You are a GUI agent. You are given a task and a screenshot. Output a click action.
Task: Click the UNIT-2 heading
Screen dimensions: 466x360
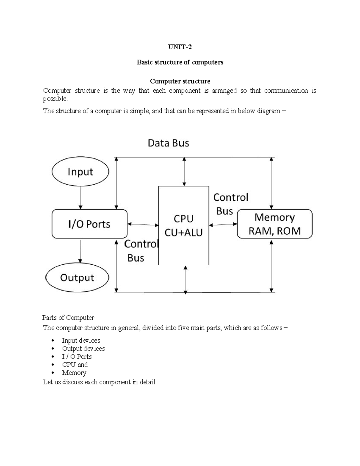(x=180, y=47)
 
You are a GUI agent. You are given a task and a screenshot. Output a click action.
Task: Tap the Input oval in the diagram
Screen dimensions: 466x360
(x=80, y=172)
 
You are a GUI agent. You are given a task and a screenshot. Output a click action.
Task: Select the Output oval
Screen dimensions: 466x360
(x=77, y=278)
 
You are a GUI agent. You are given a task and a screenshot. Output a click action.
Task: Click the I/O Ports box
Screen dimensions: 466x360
(x=89, y=224)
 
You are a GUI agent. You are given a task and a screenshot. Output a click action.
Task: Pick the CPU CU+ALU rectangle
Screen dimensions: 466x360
(x=184, y=225)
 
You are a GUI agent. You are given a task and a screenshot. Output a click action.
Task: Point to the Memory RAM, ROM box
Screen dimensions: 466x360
(x=274, y=224)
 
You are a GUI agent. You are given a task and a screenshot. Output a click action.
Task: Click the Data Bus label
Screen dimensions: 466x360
(x=168, y=143)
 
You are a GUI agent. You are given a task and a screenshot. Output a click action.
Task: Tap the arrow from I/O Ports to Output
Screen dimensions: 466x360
(x=80, y=251)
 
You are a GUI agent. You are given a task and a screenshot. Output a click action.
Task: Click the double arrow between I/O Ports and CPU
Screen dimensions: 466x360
(x=143, y=224)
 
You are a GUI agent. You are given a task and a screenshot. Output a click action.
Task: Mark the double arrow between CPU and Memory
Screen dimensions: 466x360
(x=223, y=224)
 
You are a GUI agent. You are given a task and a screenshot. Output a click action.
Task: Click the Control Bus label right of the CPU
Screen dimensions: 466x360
(x=230, y=204)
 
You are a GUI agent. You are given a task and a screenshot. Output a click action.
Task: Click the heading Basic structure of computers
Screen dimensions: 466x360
(x=180, y=62)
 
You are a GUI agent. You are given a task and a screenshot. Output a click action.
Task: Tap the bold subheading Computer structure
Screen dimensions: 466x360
(x=180, y=81)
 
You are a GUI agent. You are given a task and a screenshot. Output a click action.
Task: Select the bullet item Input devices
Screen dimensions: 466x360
(x=81, y=340)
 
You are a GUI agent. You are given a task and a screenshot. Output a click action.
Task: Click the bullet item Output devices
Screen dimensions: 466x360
(x=83, y=348)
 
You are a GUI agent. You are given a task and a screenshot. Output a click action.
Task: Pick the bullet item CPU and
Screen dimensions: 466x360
(x=75, y=365)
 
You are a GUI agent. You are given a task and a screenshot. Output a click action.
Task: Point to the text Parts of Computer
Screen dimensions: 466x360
(x=68, y=317)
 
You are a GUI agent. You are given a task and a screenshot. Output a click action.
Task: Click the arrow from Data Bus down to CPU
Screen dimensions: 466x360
(x=184, y=172)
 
